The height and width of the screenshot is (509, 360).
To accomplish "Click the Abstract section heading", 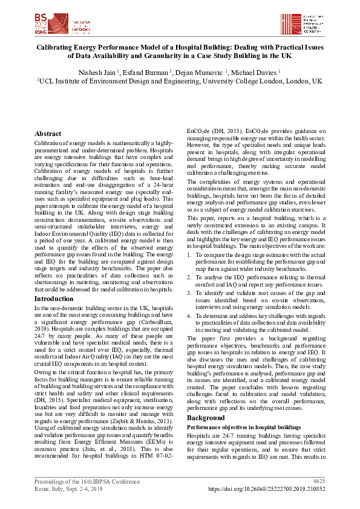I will (48, 134).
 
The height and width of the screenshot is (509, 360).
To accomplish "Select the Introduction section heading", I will (54, 299).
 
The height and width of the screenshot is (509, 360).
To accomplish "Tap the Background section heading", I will (206, 418).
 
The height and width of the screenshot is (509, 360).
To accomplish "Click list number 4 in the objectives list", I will (189, 315).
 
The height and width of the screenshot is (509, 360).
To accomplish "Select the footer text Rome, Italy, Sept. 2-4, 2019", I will (68, 488).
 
